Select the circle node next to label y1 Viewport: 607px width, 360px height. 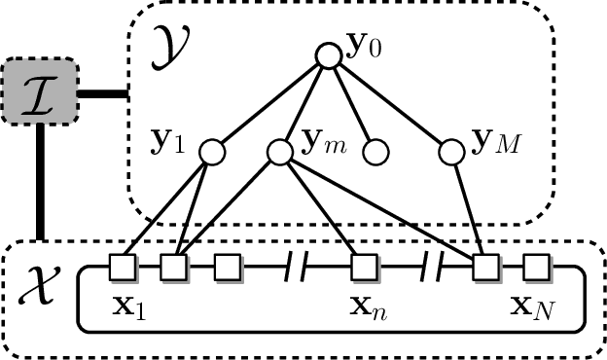coord(213,152)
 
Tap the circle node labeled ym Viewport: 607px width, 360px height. coord(280,152)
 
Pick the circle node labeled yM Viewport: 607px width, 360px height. coord(452,152)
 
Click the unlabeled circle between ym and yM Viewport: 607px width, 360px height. coord(375,152)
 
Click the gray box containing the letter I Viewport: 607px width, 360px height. coord(40,90)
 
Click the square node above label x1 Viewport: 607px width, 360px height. coord(120,266)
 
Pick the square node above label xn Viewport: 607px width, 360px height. coord(363,266)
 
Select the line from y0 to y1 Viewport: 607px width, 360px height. coord(270,104)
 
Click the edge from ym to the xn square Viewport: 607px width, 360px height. coord(321,208)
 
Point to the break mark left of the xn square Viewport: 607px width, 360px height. coord(294,266)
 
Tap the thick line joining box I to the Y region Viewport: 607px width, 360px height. coord(102,93)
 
